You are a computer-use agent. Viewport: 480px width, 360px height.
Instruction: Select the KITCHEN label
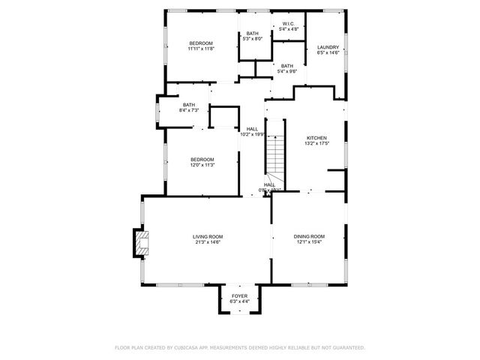click(x=316, y=138)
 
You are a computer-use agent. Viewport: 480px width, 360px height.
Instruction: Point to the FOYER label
click(x=239, y=296)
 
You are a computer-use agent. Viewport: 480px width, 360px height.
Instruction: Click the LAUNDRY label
click(x=328, y=47)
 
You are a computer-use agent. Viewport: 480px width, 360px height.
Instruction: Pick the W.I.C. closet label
click(x=289, y=24)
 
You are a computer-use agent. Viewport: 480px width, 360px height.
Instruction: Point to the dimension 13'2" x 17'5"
click(x=316, y=143)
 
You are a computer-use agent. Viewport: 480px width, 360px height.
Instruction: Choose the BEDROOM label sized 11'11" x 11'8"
click(x=201, y=43)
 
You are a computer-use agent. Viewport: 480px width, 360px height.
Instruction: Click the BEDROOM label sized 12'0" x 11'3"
click(x=202, y=159)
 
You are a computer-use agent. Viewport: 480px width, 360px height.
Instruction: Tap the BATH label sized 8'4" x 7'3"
click(x=188, y=105)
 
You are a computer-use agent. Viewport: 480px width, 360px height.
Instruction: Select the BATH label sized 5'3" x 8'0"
click(x=253, y=33)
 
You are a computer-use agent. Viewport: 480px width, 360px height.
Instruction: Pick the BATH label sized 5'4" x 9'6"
click(x=287, y=66)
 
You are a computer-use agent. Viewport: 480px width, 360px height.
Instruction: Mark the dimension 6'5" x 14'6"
click(x=328, y=52)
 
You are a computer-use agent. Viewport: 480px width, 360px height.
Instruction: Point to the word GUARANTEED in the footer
click(x=349, y=348)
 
